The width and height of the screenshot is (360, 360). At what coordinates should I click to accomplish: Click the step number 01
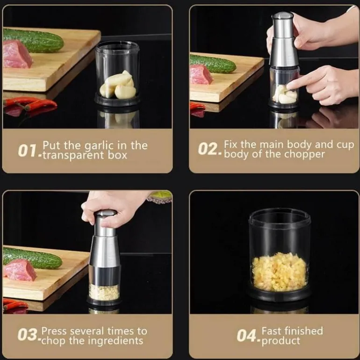(27, 151)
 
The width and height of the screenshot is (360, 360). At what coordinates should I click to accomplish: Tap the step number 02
(208, 149)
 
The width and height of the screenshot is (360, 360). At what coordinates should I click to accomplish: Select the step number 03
(28, 334)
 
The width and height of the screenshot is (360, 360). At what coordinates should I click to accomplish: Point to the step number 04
(246, 335)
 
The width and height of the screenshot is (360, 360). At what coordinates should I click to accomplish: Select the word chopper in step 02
(305, 154)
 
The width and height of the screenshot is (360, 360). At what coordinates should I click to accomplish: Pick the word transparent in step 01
(74, 155)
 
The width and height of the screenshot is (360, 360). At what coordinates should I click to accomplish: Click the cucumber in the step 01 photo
(33, 40)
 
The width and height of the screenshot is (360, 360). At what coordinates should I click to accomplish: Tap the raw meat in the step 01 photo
(17, 54)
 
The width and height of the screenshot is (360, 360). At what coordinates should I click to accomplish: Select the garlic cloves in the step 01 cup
(118, 85)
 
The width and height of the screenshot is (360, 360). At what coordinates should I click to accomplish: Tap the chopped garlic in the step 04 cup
(279, 272)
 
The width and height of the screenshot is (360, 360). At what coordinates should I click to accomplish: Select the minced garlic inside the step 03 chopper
(104, 292)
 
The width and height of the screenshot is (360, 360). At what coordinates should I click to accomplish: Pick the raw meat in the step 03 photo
(20, 270)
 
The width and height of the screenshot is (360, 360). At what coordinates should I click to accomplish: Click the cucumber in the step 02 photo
(212, 64)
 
